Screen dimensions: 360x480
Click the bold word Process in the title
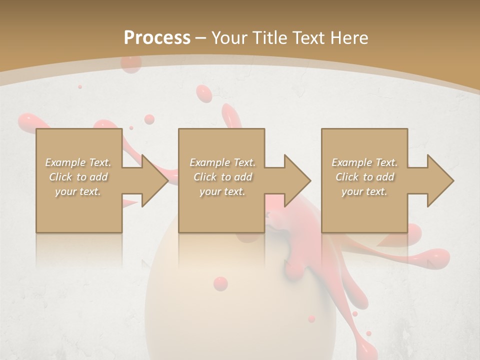157,37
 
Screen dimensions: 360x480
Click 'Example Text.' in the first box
78,162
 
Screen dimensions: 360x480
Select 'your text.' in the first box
78,191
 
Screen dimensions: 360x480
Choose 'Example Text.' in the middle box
222,162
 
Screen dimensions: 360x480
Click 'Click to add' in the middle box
222,177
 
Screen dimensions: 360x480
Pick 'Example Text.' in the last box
364,162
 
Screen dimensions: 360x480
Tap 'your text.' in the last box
364,191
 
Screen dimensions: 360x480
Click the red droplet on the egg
220,283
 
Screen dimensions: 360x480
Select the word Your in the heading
229,37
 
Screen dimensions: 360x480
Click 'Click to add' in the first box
78,177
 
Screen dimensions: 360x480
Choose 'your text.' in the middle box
222,191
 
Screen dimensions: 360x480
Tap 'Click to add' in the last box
364,177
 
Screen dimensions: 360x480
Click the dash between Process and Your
201,38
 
